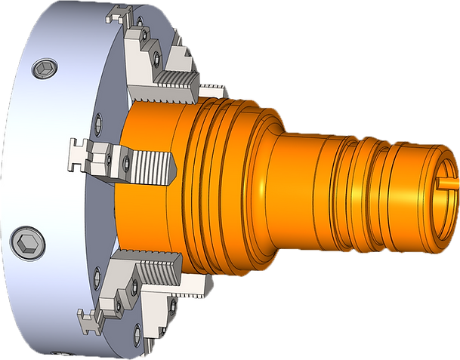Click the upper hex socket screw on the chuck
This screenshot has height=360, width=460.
[x=43, y=70]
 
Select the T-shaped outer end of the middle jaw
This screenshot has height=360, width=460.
[x=78, y=153]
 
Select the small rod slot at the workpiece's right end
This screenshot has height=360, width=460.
[x=447, y=182]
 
